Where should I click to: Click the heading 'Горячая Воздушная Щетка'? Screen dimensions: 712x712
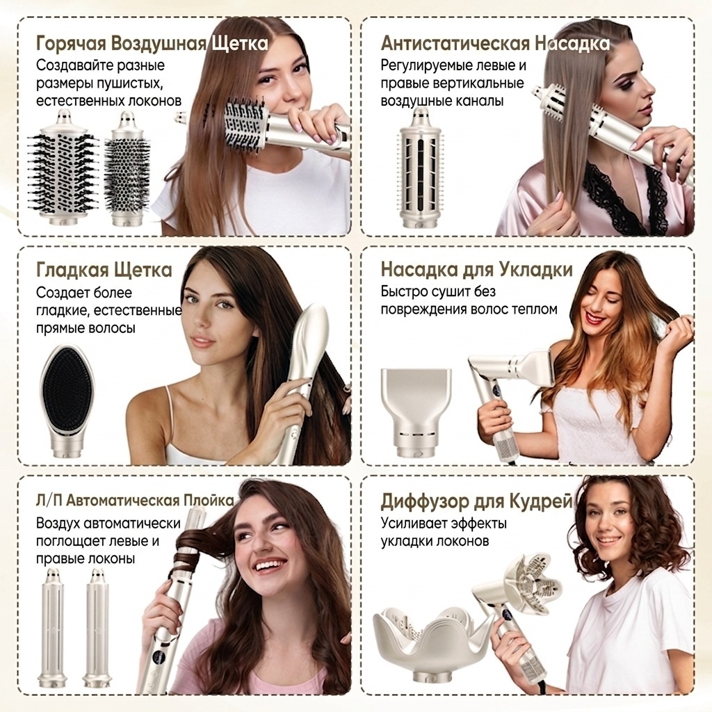point(152,44)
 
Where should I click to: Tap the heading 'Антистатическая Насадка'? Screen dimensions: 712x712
point(495,44)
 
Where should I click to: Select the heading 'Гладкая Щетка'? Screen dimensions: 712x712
point(104,270)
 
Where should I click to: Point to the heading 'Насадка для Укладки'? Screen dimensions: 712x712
point(476,269)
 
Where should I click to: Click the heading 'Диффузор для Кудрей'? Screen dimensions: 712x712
point(476,502)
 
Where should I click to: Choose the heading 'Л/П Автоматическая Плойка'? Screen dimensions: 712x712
point(135,501)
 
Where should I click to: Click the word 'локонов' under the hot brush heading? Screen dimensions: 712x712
point(154,101)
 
